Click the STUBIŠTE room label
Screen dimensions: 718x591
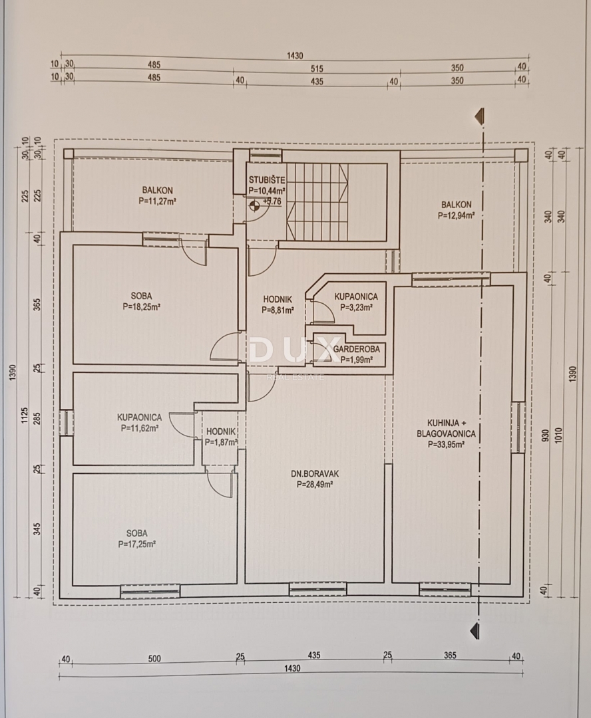pos(268,179)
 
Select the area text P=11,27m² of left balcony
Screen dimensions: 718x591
pos(157,201)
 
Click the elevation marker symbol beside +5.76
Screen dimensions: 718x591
pos(254,205)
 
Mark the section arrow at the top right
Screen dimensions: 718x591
pos(479,118)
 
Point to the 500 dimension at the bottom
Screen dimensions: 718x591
pos(154,658)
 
